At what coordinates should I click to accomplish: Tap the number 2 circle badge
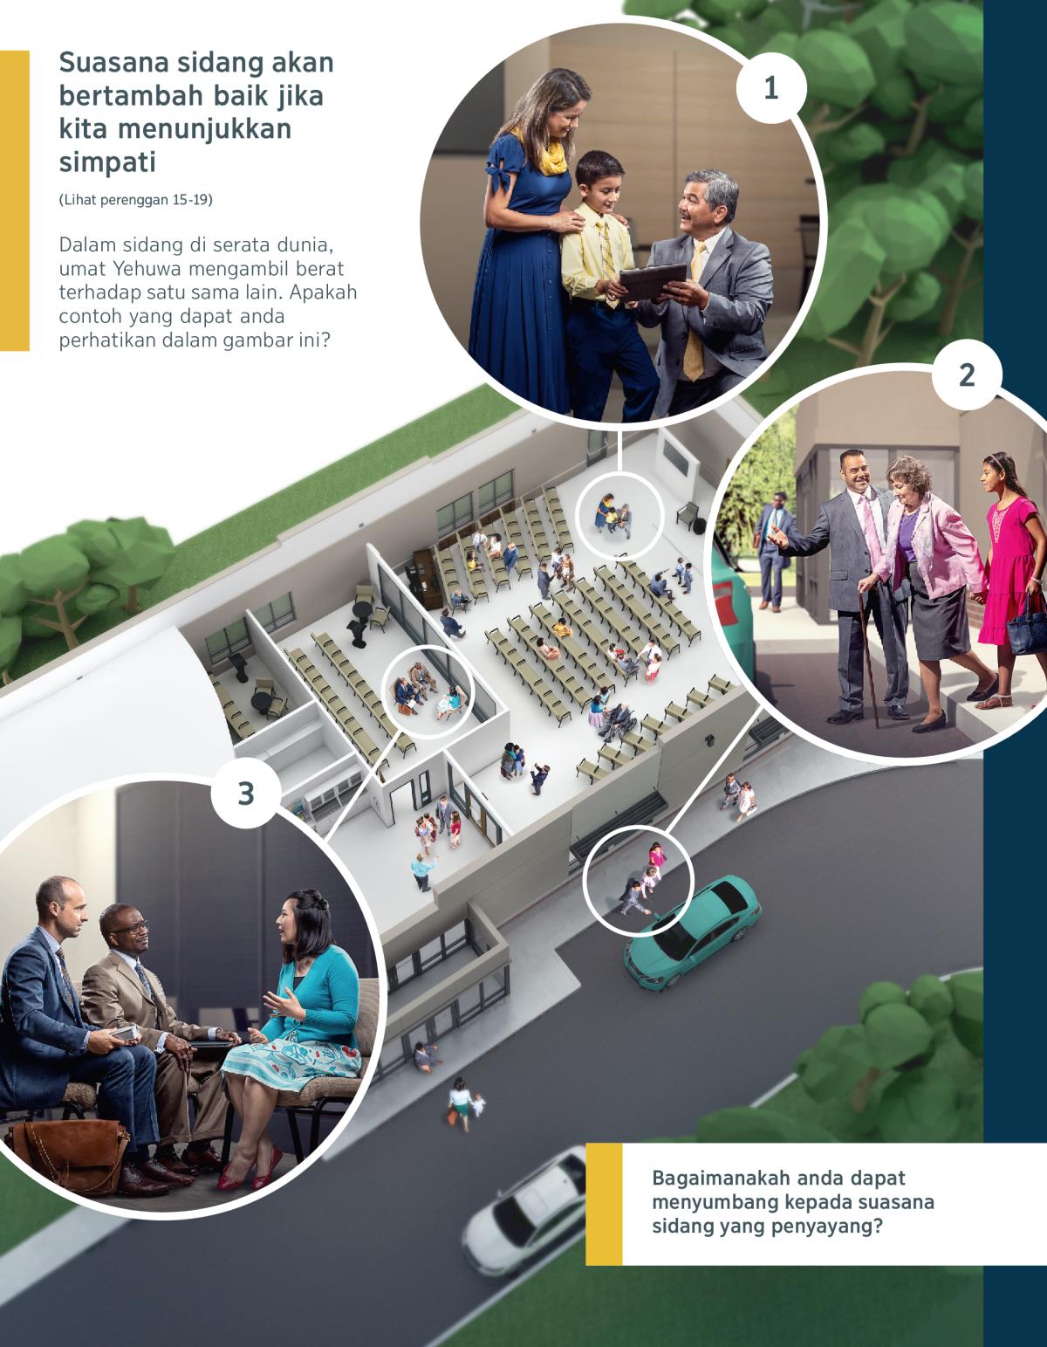click(967, 375)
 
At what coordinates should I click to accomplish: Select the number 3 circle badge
click(246, 794)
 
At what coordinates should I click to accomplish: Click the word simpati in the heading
click(107, 162)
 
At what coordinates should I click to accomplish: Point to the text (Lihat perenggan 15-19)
click(136, 200)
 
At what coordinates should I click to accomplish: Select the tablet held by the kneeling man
click(653, 282)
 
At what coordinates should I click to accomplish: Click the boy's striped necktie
click(606, 254)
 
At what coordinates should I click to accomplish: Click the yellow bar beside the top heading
click(15, 201)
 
